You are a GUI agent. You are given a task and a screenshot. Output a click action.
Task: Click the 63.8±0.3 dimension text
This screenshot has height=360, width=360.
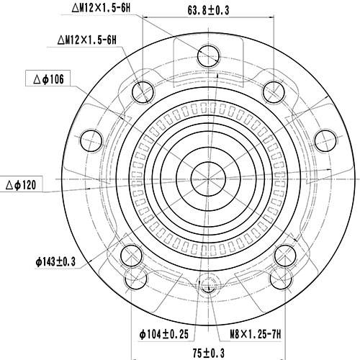(x=208, y=11)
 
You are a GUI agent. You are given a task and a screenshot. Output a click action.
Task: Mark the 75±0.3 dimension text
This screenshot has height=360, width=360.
(x=208, y=352)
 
